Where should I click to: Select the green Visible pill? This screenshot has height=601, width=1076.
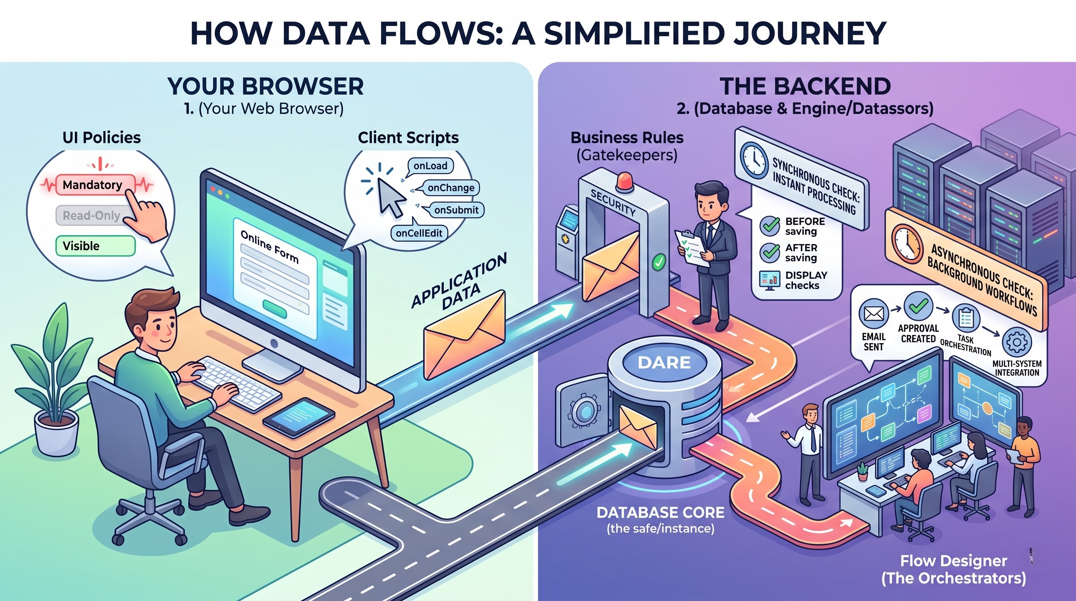click(x=96, y=246)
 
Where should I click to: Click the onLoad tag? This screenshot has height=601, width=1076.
click(x=430, y=166)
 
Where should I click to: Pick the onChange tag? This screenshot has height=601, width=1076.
click(x=451, y=188)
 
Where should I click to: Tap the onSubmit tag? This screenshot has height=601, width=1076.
click(x=456, y=210)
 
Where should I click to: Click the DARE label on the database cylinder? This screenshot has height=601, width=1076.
click(x=664, y=362)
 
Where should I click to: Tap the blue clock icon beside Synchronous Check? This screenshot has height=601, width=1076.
click(x=754, y=160)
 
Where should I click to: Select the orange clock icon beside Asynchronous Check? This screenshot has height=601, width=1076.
click(x=907, y=244)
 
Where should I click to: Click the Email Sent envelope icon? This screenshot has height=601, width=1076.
click(x=873, y=313)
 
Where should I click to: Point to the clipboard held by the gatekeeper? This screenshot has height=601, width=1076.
click(x=692, y=248)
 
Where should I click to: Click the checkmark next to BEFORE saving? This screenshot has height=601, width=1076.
click(x=769, y=226)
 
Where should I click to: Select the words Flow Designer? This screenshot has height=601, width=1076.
click(x=953, y=560)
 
